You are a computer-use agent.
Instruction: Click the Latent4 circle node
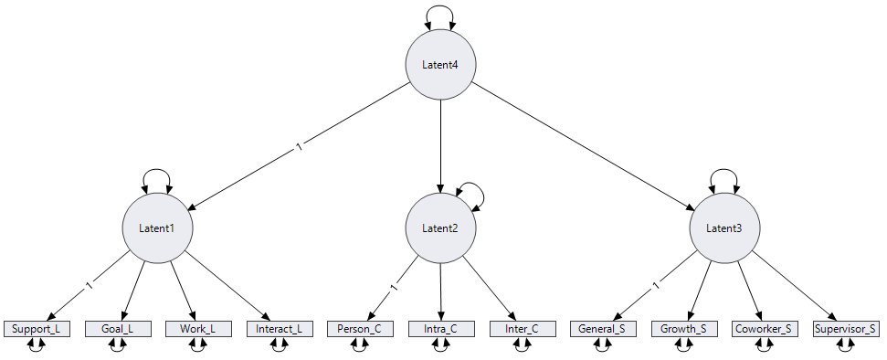440,64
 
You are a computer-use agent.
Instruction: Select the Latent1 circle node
157,228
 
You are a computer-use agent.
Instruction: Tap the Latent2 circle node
440,228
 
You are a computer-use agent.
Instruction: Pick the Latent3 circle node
724,228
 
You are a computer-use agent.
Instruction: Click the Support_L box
37,328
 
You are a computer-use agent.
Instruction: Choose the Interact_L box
279,328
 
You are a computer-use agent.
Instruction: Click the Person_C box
360,328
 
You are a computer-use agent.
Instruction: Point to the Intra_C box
440,328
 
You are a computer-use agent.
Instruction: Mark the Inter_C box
521,328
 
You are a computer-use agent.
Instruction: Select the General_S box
602,328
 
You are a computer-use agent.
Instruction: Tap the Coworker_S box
765,328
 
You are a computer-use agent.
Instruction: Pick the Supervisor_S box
846,328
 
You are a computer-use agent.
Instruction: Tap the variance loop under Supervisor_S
846,347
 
